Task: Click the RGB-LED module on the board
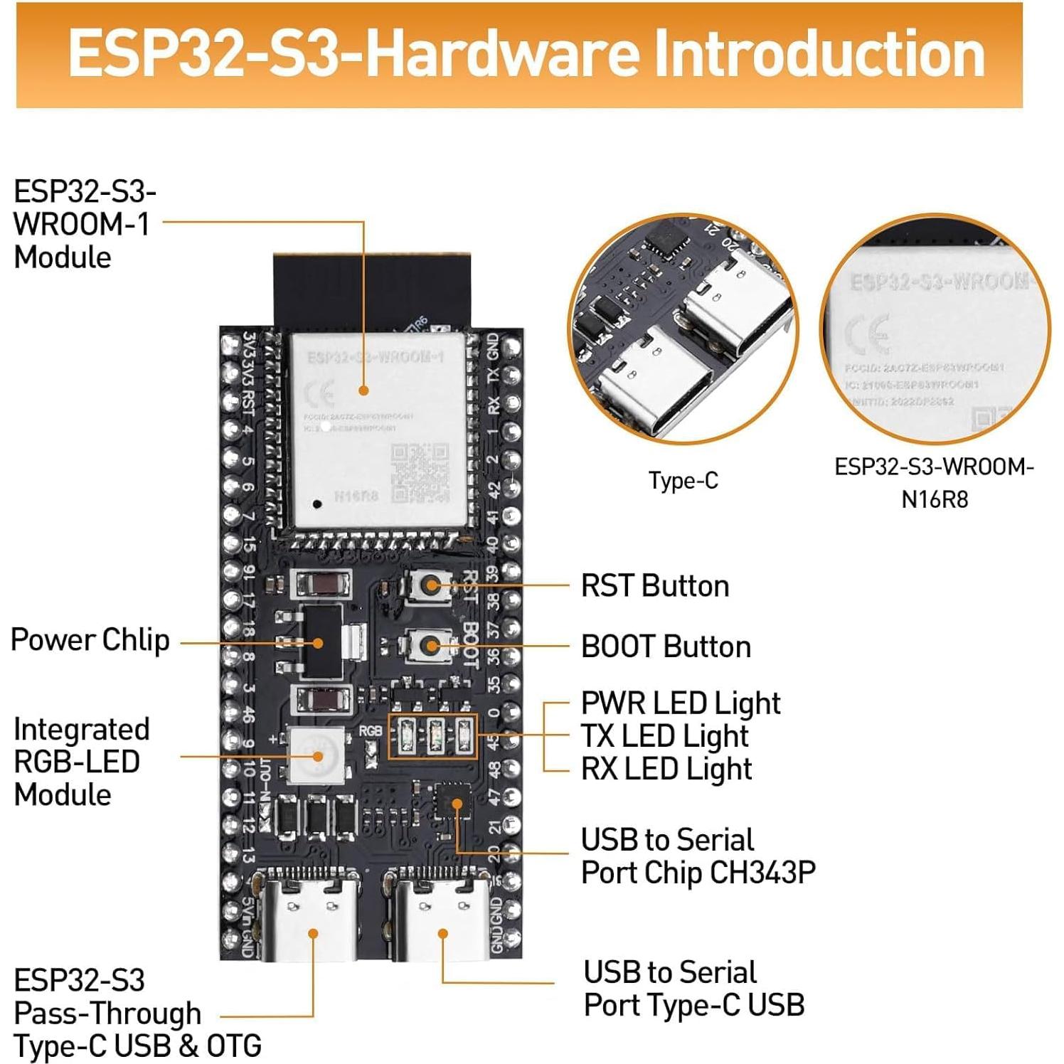318,756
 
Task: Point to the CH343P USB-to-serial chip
453,803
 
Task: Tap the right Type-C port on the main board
443,917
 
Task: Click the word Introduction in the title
818,55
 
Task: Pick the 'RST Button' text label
655,586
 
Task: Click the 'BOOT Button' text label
666,647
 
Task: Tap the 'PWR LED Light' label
681,703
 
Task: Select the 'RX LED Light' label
666,769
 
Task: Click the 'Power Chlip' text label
90,639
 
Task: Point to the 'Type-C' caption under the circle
683,481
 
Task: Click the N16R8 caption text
935,499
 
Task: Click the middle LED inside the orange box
435,735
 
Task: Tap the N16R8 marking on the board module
356,496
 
